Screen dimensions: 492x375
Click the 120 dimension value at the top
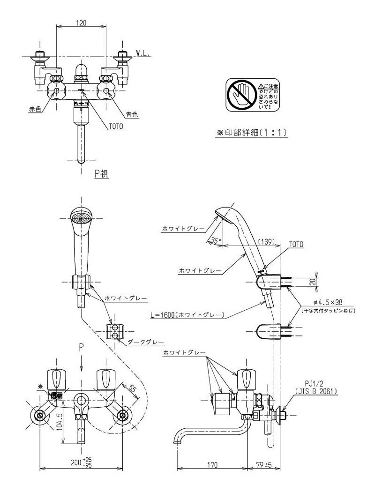click(x=82, y=23)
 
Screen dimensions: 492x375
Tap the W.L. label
click(x=143, y=54)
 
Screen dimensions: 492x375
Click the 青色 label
click(x=132, y=114)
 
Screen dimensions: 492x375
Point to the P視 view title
click(x=102, y=174)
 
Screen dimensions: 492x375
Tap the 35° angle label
click(x=215, y=240)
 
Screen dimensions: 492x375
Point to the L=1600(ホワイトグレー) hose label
click(x=193, y=315)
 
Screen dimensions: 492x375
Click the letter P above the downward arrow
click(x=81, y=347)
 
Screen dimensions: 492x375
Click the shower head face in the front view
click(x=81, y=217)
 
